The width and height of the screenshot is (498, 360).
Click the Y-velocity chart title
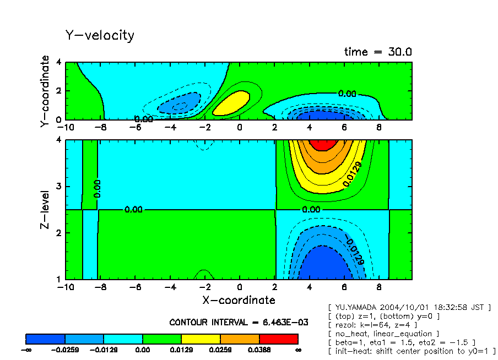[100, 36]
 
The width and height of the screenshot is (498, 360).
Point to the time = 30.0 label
[378, 52]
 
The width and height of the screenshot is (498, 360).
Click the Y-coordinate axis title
[45, 92]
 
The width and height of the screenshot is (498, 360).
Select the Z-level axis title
[45, 210]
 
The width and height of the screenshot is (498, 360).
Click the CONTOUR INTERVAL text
[239, 322]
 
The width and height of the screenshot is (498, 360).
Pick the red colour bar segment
[278, 339]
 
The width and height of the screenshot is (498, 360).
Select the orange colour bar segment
[240, 339]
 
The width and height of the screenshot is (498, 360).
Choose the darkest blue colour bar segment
[46, 339]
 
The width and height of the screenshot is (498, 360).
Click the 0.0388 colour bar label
[259, 350]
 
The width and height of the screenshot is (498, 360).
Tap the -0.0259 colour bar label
[65, 350]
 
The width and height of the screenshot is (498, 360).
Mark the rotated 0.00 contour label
[97, 189]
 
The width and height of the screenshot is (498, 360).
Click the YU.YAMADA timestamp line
[409, 307]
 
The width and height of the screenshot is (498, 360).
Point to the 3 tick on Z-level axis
[59, 187]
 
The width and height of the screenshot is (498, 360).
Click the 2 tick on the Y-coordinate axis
[59, 91]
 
